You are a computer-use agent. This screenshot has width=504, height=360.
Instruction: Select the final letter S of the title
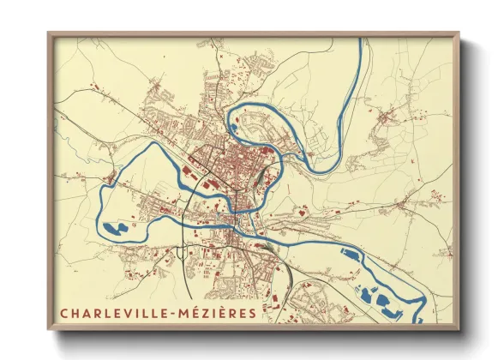pyautogui.click(x=251, y=312)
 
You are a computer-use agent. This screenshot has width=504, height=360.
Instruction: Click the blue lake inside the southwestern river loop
pyautogui.click(x=117, y=229)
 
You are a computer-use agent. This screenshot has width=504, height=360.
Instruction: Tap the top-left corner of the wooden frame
pyautogui.click(x=49, y=33)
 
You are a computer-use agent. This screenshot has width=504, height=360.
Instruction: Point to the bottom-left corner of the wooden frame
pyautogui.click(x=49, y=329)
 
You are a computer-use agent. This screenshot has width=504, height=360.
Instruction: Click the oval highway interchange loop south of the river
pyautogui.click(x=183, y=251)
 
